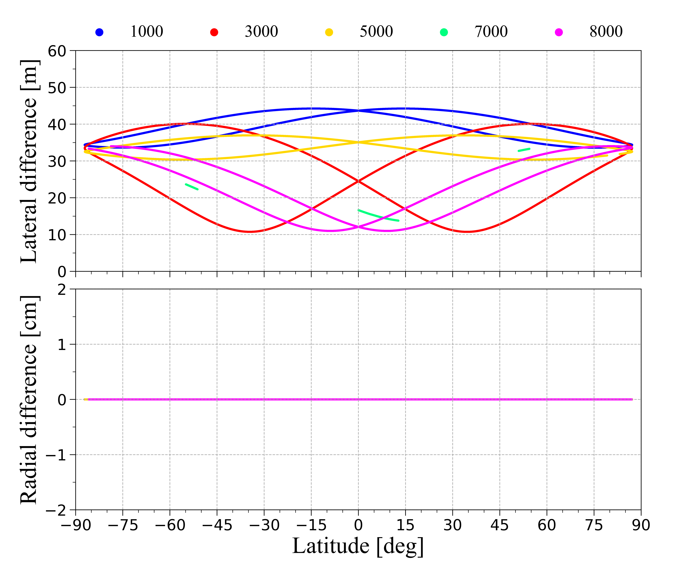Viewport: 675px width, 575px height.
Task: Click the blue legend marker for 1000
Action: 99,32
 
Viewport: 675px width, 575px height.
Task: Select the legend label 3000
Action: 261,32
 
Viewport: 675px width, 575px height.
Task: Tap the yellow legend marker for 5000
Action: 329,32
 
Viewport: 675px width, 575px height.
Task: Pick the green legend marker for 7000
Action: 444,32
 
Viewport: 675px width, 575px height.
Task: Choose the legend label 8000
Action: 606,32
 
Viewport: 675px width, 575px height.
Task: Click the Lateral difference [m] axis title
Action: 30,161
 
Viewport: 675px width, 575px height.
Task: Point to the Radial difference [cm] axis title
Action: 30,400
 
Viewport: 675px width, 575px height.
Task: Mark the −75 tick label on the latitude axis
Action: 123,525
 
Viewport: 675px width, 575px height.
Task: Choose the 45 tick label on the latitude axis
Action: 500,525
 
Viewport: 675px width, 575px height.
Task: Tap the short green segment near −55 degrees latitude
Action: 191,187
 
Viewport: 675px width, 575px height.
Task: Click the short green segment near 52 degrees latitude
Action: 524,150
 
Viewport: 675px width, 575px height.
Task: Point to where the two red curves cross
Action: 358,181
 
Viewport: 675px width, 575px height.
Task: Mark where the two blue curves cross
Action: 358,110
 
